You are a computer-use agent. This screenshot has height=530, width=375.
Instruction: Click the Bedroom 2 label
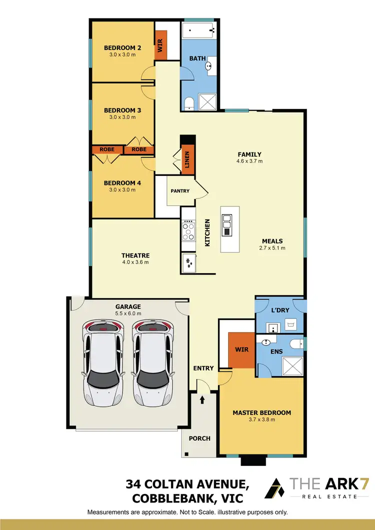coord(122,48)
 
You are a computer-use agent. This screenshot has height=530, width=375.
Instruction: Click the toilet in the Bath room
coord(189,103)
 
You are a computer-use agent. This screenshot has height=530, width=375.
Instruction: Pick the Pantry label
coord(180,190)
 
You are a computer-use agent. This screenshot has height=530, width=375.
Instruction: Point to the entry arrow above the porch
coord(202,400)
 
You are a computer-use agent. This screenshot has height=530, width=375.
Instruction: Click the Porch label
coord(199,438)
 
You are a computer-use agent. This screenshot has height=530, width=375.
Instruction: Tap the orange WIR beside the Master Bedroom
coord(241,349)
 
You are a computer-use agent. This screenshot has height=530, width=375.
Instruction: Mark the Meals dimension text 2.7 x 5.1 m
coord(272,247)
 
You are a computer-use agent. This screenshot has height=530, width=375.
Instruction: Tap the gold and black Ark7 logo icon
coord(274,488)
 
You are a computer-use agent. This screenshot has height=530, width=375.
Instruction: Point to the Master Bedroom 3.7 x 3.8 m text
coord(261,419)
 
